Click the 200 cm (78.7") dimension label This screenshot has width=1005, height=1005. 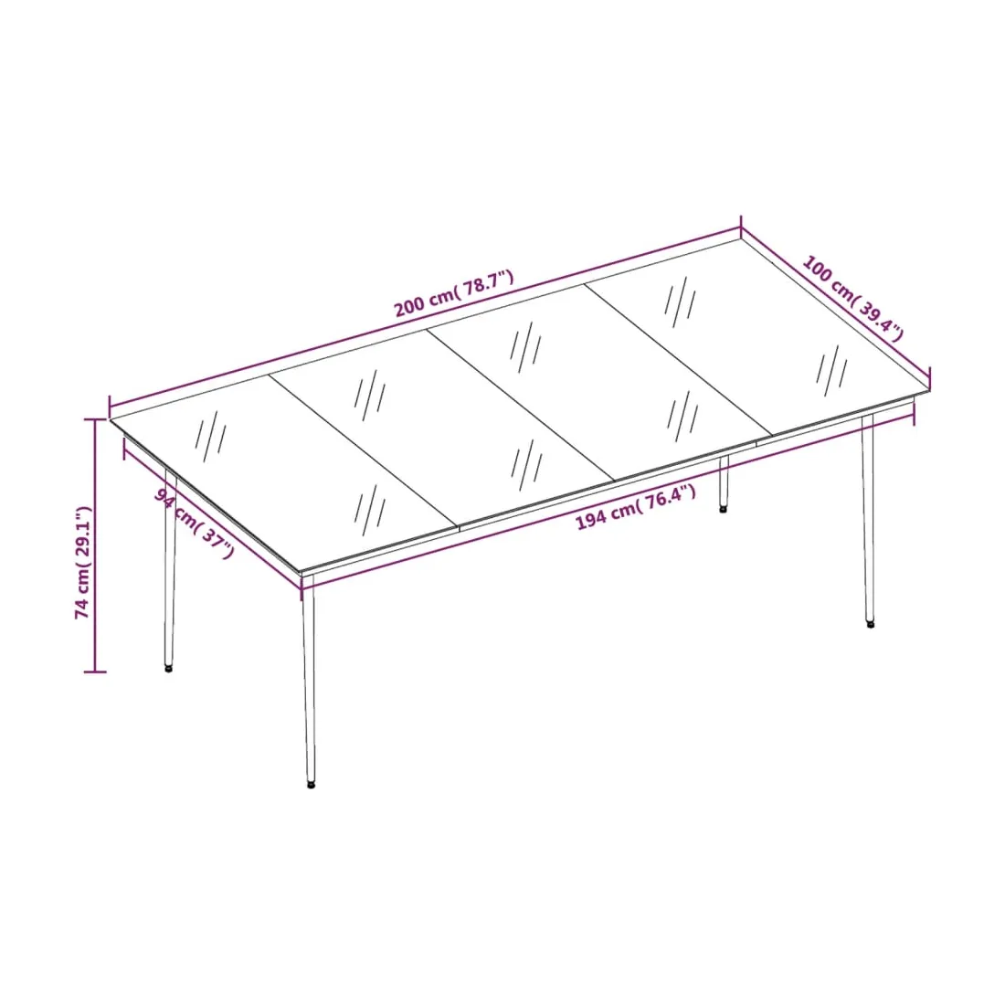[454, 293]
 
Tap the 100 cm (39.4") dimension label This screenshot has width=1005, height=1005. [853, 298]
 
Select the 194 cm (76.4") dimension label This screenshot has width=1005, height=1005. [636, 507]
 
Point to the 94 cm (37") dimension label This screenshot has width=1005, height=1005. [195, 523]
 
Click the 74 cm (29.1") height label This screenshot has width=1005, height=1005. [84, 562]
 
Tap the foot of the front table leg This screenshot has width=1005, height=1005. [312, 784]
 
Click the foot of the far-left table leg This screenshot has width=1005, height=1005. [169, 668]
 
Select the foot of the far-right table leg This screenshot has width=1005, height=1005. [870, 624]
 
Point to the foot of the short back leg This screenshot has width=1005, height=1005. [723, 510]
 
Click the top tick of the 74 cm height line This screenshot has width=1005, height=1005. [96, 419]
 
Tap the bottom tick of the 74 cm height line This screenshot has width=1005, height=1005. [96, 672]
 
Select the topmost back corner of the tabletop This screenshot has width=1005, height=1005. [742, 239]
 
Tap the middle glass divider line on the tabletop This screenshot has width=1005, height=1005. [521, 405]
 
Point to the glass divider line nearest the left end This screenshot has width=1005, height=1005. [364, 450]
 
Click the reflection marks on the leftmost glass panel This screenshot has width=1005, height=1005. [210, 436]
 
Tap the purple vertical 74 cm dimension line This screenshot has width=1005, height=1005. [96, 545]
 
